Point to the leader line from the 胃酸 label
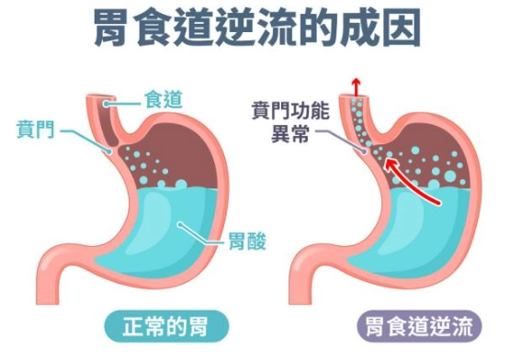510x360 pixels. (203, 235)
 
